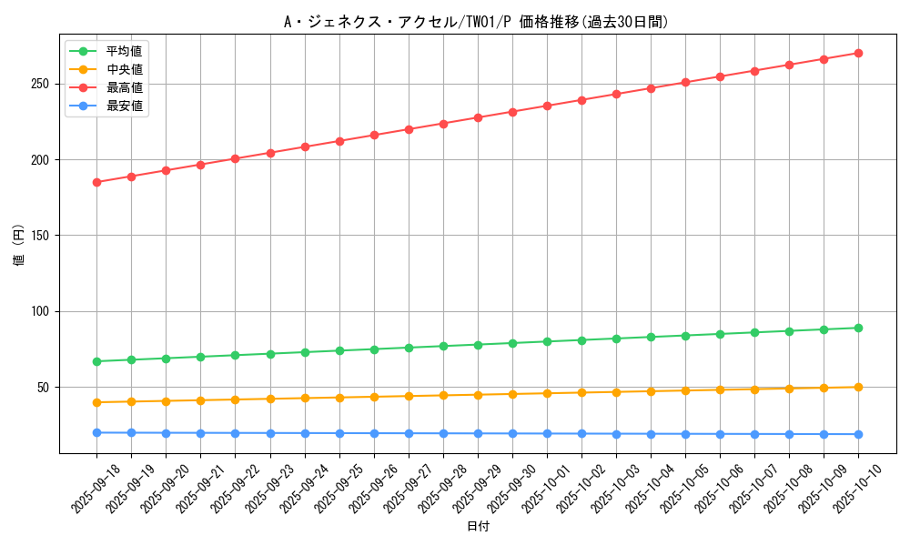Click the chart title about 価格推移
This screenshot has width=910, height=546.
click(x=477, y=22)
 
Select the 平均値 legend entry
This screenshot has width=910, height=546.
click(x=124, y=51)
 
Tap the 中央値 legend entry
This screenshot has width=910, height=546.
click(x=124, y=69)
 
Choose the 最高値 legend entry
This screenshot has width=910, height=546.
click(x=124, y=87)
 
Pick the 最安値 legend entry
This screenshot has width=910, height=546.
click(x=124, y=106)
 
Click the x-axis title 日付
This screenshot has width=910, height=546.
click(x=478, y=527)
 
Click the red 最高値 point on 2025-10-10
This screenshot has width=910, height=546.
click(x=858, y=53)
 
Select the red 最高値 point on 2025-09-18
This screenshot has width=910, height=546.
click(x=96, y=182)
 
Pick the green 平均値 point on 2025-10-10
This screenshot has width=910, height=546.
click(x=858, y=328)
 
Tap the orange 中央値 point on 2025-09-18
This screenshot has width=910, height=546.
click(x=96, y=402)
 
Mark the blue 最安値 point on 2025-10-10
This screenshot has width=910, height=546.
click(x=858, y=434)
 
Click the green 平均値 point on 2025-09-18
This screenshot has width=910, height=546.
click(x=96, y=361)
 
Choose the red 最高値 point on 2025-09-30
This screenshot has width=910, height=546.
click(x=512, y=112)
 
